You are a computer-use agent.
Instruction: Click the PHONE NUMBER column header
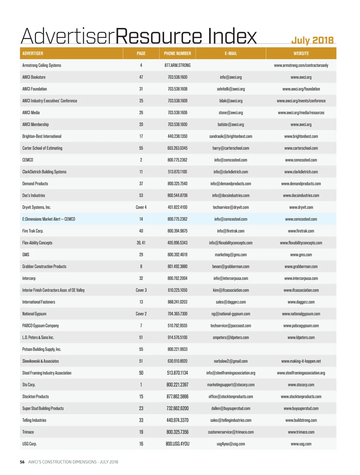[x=177, y=53]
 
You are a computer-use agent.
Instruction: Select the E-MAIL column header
[x=231, y=53]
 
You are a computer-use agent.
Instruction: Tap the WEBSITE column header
[x=301, y=53]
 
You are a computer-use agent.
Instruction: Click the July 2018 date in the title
[x=312, y=40]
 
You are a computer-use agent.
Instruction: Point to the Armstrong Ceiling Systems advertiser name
[x=42, y=65]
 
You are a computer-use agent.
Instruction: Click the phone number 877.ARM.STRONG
[x=177, y=65]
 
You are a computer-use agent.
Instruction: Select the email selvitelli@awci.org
[x=231, y=89]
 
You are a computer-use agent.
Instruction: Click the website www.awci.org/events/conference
[x=301, y=101]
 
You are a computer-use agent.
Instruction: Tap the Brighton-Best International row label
[x=42, y=136]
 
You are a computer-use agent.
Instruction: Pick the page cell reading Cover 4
[x=141, y=207]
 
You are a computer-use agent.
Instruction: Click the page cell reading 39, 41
[x=141, y=243]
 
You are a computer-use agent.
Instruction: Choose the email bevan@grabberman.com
[x=231, y=267]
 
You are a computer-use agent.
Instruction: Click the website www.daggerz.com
[x=301, y=302]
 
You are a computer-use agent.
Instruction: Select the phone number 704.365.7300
[x=177, y=314]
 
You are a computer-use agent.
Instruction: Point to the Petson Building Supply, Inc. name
[x=42, y=349]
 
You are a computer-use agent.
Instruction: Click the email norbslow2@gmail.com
[x=231, y=361]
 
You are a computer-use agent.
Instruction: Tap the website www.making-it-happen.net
[x=301, y=361]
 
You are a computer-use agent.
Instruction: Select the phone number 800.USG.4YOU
[x=177, y=444]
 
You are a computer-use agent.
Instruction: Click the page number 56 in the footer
[x=22, y=462]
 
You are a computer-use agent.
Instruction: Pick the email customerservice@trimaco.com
[x=231, y=432]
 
